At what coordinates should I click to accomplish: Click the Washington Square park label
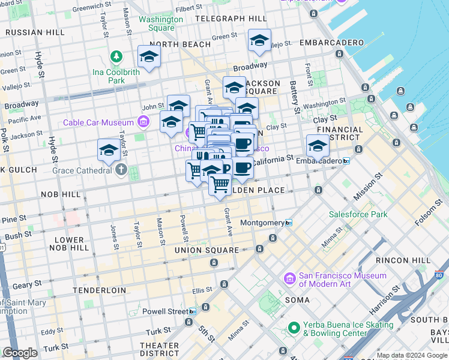tap(161, 23)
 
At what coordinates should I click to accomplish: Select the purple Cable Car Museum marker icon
tap(143, 123)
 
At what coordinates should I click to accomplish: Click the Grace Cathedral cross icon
tap(121, 170)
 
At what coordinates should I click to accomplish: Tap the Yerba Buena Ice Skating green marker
tap(294, 328)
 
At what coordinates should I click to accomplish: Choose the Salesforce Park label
tap(358, 214)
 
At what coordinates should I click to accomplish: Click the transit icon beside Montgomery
tap(289, 223)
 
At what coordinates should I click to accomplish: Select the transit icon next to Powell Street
tap(192, 311)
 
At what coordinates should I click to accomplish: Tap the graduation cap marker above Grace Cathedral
tap(109, 150)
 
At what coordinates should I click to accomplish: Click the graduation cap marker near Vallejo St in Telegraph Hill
tap(259, 40)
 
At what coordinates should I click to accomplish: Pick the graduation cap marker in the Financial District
tap(318, 145)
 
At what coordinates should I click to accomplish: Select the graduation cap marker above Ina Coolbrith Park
tap(149, 56)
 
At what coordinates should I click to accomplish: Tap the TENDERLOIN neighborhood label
tap(100, 290)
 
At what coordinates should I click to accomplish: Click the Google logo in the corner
tap(20, 353)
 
